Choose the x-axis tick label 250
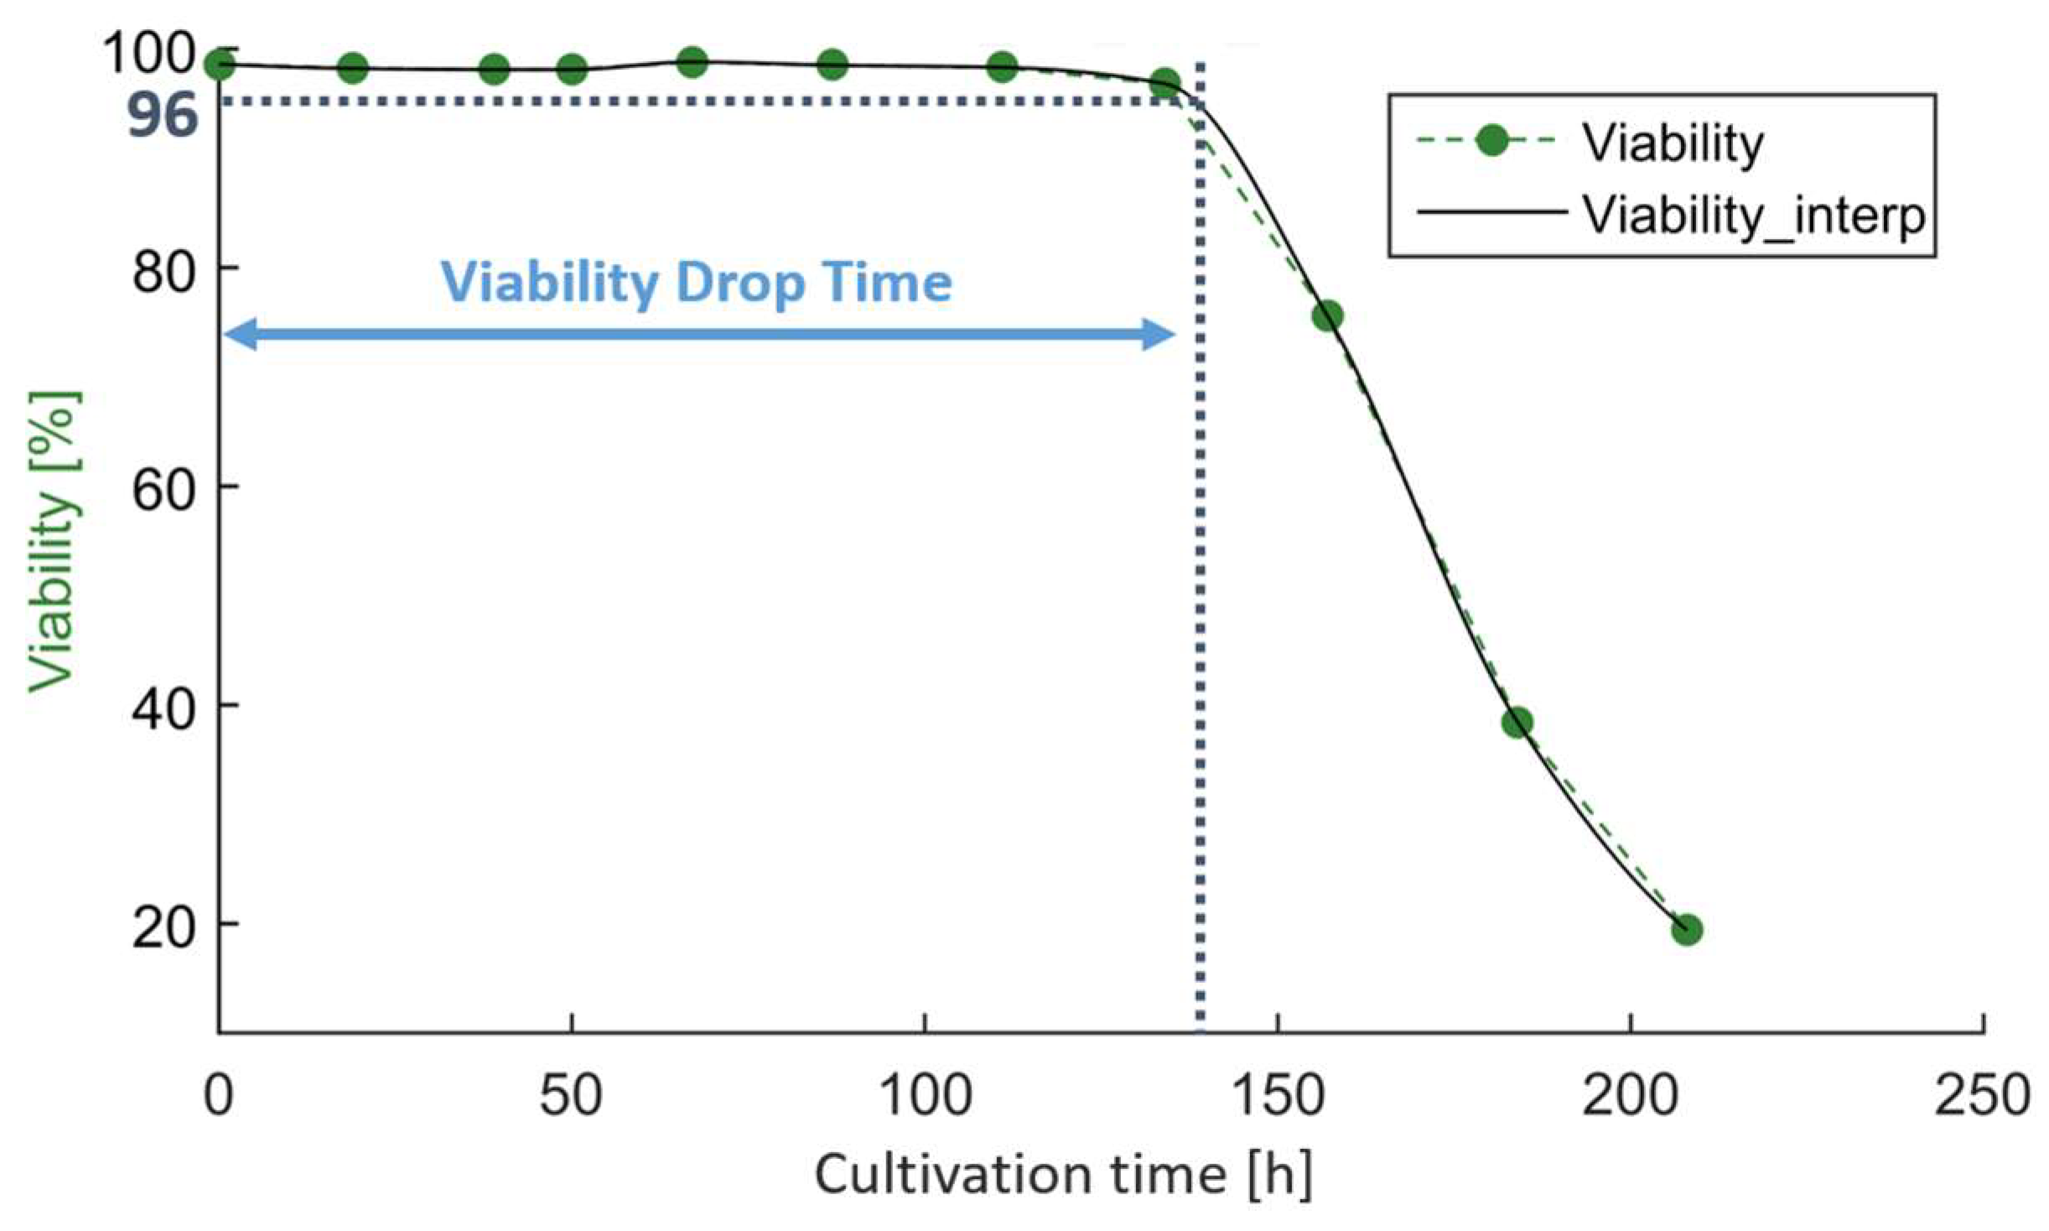point(1982,1096)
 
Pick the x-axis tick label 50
point(571,1096)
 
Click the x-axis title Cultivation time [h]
point(1063,1176)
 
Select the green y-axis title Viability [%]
point(54,541)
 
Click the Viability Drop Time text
point(697,283)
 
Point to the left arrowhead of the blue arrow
point(239,335)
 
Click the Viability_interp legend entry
point(1753,214)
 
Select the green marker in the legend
point(1492,141)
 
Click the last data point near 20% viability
point(1687,930)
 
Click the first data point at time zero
point(220,65)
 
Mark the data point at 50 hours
point(572,69)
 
